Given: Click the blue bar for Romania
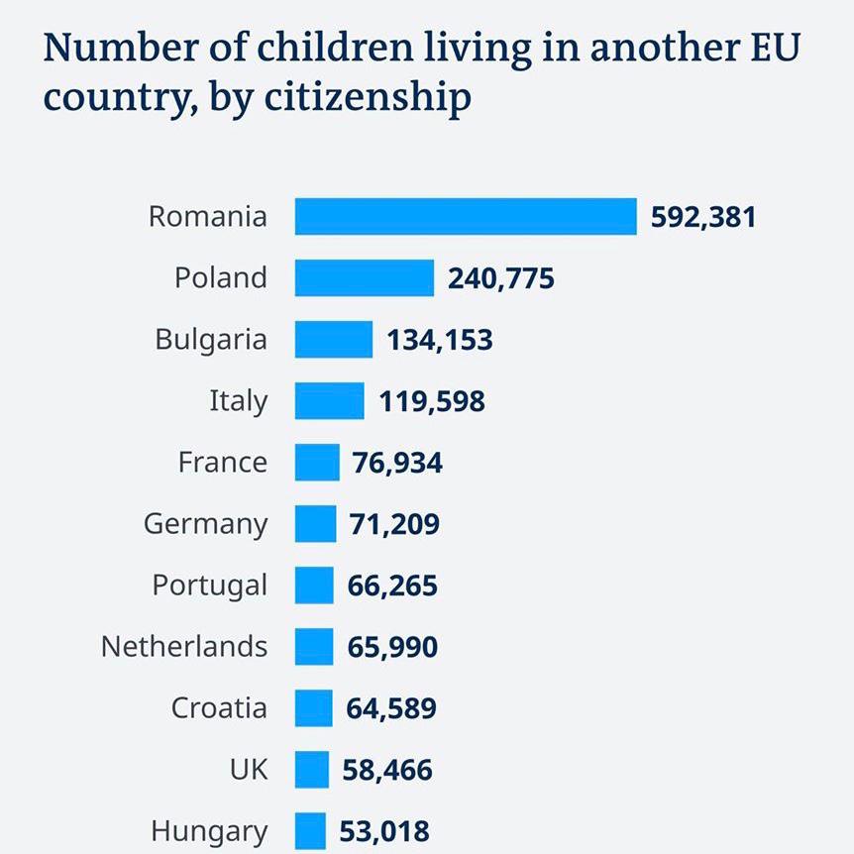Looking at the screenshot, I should pyautogui.click(x=466, y=216).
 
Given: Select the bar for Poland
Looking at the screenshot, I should pyautogui.click(x=364, y=277).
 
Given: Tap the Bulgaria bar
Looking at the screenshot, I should pyautogui.click(x=333, y=339).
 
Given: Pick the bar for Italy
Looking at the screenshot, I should pyautogui.click(x=329, y=400).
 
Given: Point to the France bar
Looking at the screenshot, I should pyautogui.click(x=316, y=462).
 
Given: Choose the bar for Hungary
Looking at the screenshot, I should pyautogui.click(x=309, y=830).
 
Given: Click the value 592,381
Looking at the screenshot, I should pyautogui.click(x=703, y=216).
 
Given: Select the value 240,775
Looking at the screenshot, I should pyautogui.click(x=501, y=277).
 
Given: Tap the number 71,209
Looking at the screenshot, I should pyautogui.click(x=394, y=523).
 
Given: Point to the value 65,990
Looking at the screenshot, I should pyautogui.click(x=392, y=646).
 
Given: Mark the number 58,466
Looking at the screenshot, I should pyautogui.click(x=387, y=769).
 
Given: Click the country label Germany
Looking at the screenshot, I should pyautogui.click(x=205, y=523).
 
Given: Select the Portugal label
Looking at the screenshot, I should pyautogui.click(x=209, y=586).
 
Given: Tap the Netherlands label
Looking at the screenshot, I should pyautogui.click(x=184, y=646).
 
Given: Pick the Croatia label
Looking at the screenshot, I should pyautogui.click(x=219, y=707).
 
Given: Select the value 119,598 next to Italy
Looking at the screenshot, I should pyautogui.click(x=432, y=400).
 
